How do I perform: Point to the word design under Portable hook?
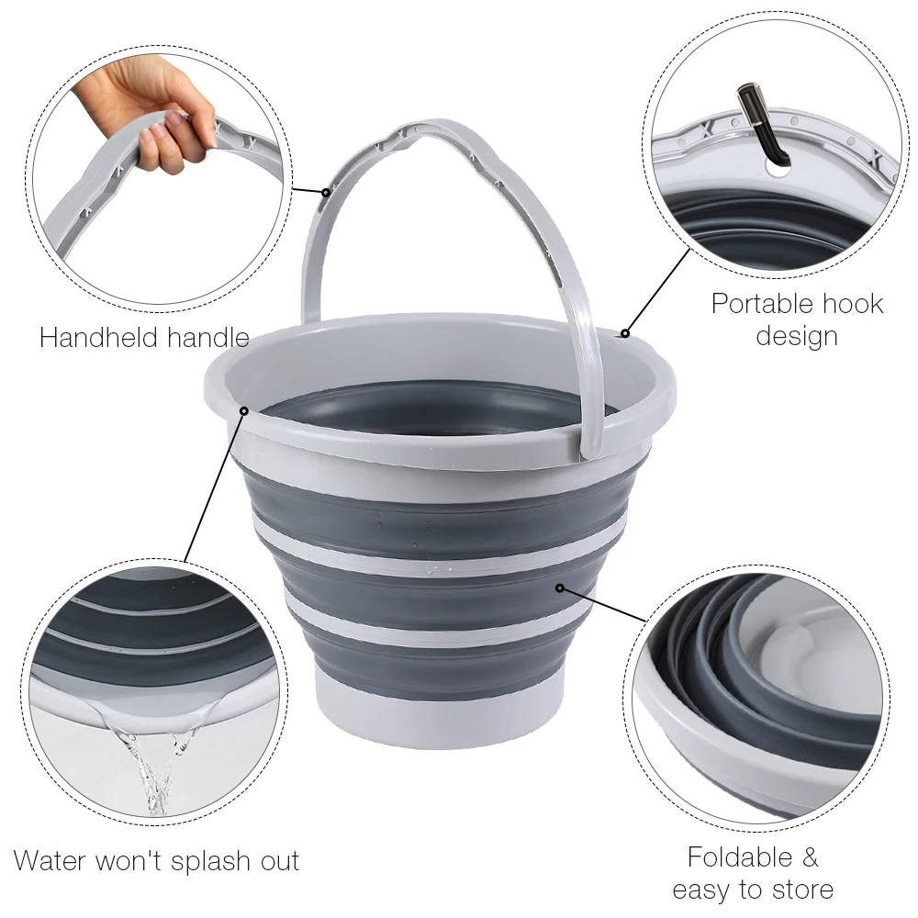pos(797,336)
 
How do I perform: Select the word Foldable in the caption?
pos(739,857)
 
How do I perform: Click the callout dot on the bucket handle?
pos(326,193)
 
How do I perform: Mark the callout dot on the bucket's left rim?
pos(243,410)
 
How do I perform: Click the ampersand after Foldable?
pos(809,857)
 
